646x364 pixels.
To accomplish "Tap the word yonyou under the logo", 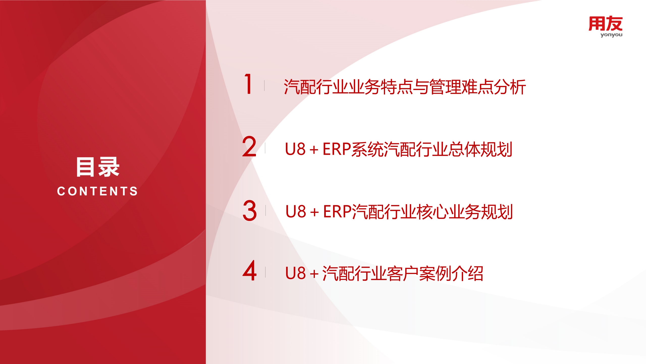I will [611, 35].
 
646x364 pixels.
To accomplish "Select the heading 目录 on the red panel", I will [98, 167].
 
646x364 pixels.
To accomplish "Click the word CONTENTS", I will [98, 191].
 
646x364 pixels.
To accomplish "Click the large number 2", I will [249, 147].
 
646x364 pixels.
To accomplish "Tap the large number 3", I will [250, 210].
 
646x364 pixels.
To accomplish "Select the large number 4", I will [250, 271].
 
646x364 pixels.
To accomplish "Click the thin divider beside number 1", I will [264, 85].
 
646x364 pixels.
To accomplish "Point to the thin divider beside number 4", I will [265, 272].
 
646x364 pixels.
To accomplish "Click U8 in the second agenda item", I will [295, 149].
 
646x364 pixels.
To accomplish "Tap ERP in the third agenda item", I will [337, 212].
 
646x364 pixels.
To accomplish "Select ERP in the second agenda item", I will [337, 149].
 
